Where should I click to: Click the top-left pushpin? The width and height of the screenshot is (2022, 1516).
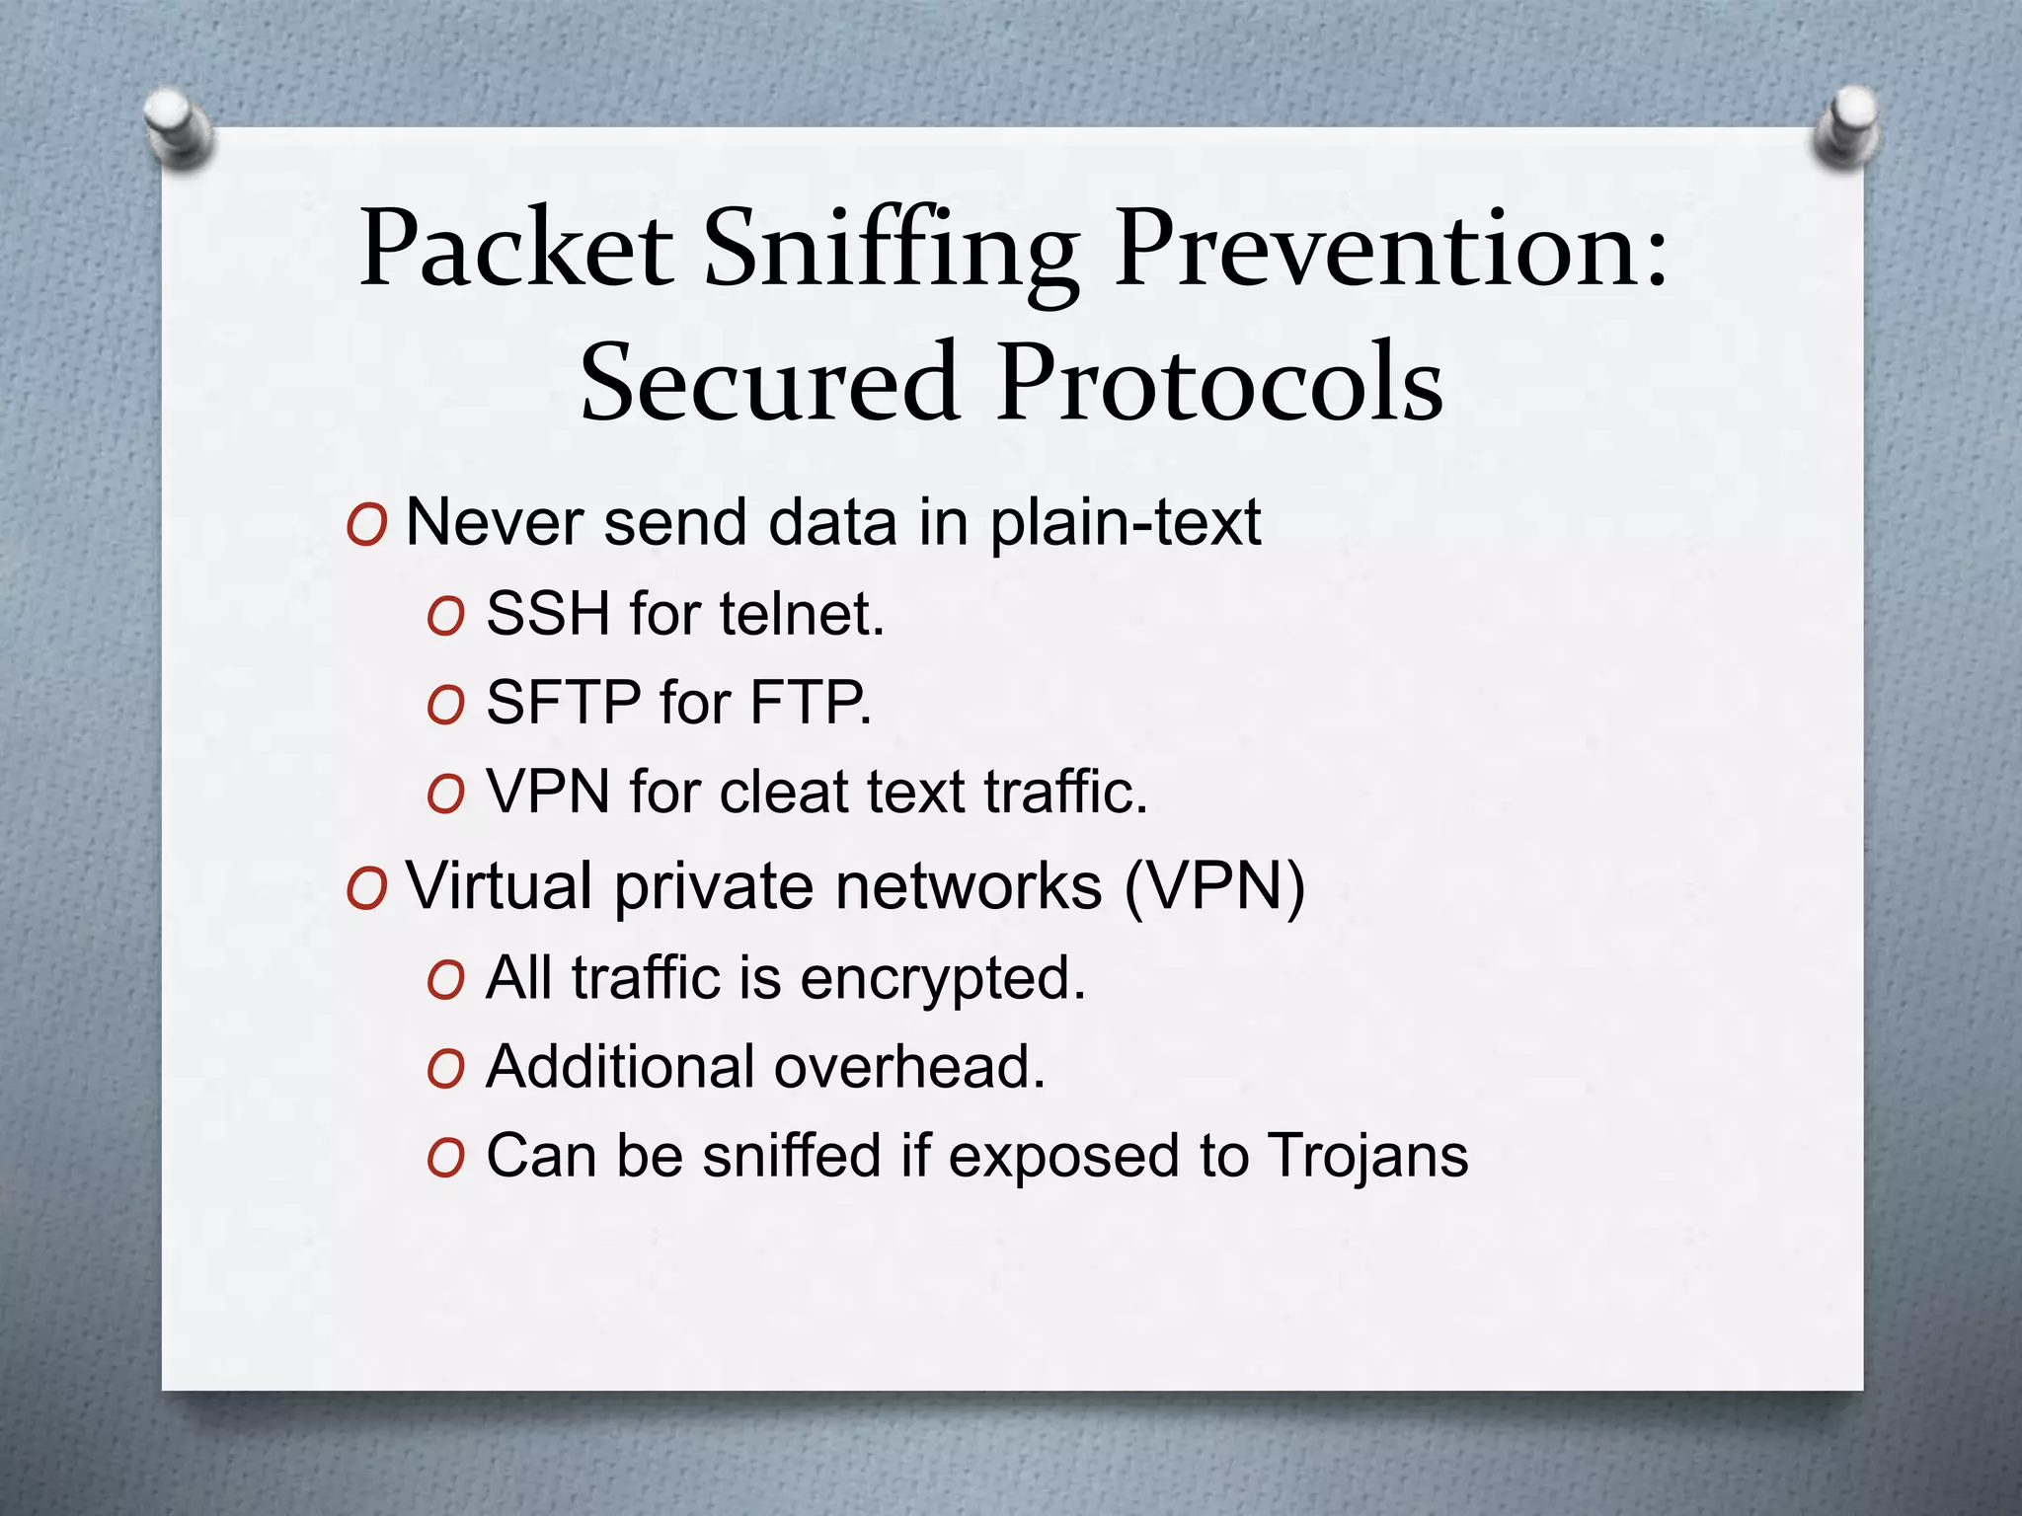177,126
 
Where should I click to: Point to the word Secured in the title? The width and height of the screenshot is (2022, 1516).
770,383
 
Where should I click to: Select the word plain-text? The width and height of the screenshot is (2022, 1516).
1126,522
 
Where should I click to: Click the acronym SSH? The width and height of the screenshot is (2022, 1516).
548,613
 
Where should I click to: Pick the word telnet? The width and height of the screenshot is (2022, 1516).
802,613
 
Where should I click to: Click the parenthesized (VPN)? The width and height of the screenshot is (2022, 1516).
1215,885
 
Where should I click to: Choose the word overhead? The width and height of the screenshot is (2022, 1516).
909,1067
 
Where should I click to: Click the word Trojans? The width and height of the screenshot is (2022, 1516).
1368,1156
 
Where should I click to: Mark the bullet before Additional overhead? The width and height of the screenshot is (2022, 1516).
445,1069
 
